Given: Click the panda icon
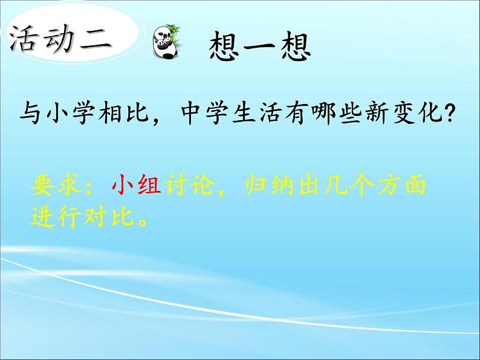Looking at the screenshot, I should (x=164, y=42).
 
